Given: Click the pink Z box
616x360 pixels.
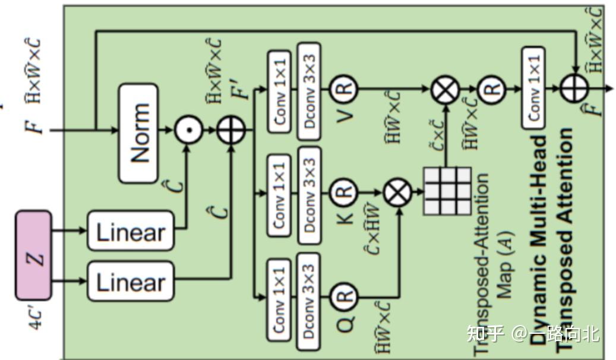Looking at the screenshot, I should click(33, 254).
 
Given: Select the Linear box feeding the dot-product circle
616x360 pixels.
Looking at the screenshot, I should click(131, 230).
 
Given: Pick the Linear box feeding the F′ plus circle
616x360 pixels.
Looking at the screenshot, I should click(131, 281).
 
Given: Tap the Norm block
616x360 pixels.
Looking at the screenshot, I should click(138, 133).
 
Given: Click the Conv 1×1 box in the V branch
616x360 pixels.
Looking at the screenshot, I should click(279, 89).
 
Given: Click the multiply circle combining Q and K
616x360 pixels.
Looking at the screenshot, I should click(398, 192).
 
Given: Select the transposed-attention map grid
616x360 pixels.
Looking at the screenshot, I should click(447, 191).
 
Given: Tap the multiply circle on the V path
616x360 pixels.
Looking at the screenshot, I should click(446, 89).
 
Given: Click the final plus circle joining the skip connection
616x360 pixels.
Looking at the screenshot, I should click(574, 89).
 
